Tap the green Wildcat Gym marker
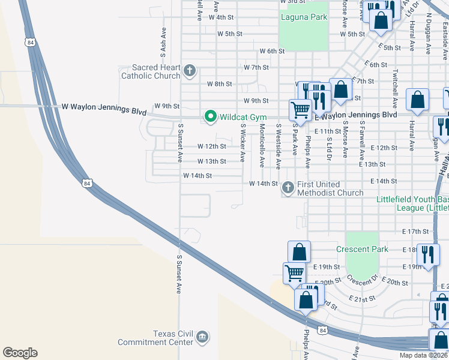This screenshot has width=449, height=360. tap(210, 116)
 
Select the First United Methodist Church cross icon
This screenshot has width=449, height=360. tap(288, 188)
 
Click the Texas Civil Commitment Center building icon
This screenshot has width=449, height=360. tap(203, 338)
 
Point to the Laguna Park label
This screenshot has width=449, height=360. tap(304, 17)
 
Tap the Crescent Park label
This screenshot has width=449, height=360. tap(362, 249)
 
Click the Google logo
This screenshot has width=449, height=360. tap(20, 352)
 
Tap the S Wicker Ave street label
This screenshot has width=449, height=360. tap(243, 143)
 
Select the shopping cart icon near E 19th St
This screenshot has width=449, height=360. tap(294, 272)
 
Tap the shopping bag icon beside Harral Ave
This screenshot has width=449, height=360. tap(417, 100)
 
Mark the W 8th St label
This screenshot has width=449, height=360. tap(219, 84)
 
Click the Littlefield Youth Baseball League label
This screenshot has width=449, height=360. tap(412, 203)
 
